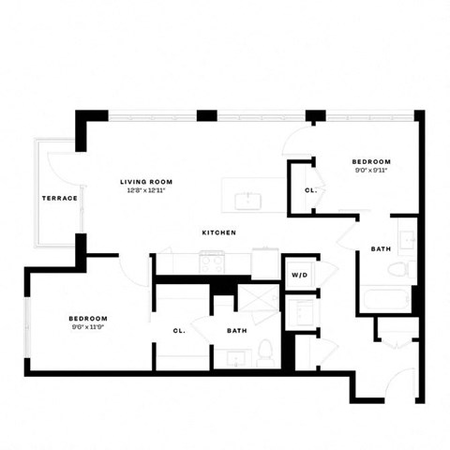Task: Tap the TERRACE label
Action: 59,198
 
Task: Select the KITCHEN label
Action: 218,232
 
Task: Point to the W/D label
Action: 300,276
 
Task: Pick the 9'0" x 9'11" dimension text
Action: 369,170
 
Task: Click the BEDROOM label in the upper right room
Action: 369,161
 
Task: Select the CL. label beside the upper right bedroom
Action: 310,190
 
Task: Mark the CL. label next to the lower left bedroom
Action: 179,330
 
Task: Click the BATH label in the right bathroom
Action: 381,248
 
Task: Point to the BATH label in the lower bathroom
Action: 236,330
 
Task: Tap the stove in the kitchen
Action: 213,263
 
